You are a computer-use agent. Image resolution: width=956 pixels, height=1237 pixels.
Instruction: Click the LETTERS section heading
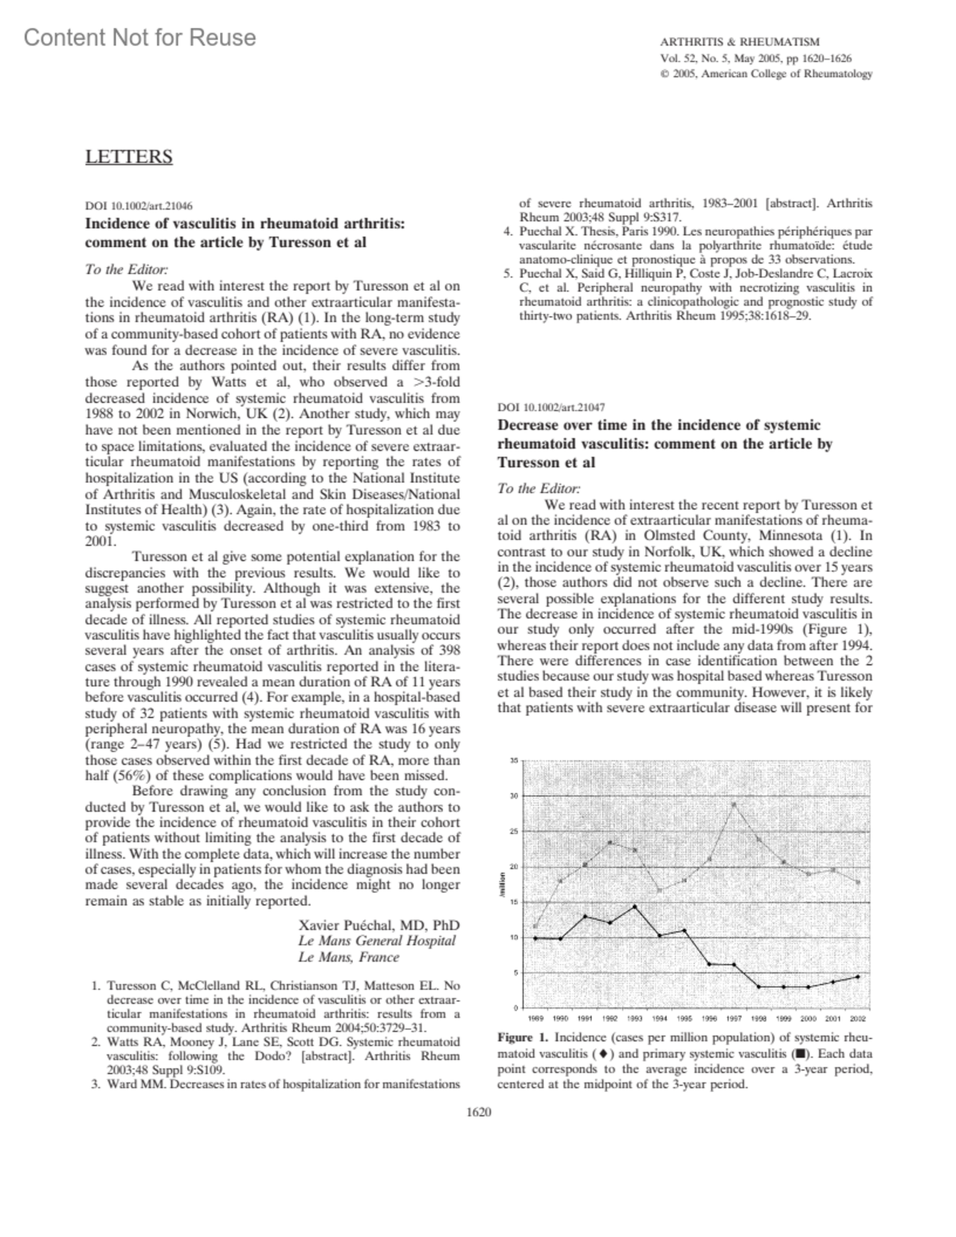point(128,156)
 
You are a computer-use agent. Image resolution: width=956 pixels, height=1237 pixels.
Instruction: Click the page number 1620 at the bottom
point(478,1112)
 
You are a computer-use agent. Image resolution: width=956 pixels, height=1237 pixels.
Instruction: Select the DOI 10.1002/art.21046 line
point(138,205)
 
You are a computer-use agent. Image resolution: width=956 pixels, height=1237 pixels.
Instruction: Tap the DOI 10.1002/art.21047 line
point(550,407)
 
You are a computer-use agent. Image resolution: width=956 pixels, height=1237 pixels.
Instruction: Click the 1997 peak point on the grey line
point(734,804)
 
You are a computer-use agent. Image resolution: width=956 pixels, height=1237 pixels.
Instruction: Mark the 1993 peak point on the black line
point(634,906)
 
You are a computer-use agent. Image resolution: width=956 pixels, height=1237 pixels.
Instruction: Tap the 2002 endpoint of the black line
point(857,977)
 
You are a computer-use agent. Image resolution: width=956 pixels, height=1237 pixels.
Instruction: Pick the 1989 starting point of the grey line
point(535,926)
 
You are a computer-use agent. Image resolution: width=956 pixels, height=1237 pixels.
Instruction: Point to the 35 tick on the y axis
point(514,761)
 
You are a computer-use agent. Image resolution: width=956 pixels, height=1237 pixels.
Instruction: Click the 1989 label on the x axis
point(535,1019)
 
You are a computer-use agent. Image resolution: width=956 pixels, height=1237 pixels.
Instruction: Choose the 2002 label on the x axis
point(858,1019)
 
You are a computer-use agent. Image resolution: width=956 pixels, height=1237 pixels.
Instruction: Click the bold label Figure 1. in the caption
point(523,1038)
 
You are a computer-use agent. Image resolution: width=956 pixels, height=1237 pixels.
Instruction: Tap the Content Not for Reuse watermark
point(140,37)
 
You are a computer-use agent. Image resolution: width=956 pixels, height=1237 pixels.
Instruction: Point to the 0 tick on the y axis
point(516,1008)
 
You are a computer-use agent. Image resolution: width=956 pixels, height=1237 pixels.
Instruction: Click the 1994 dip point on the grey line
point(659,889)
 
